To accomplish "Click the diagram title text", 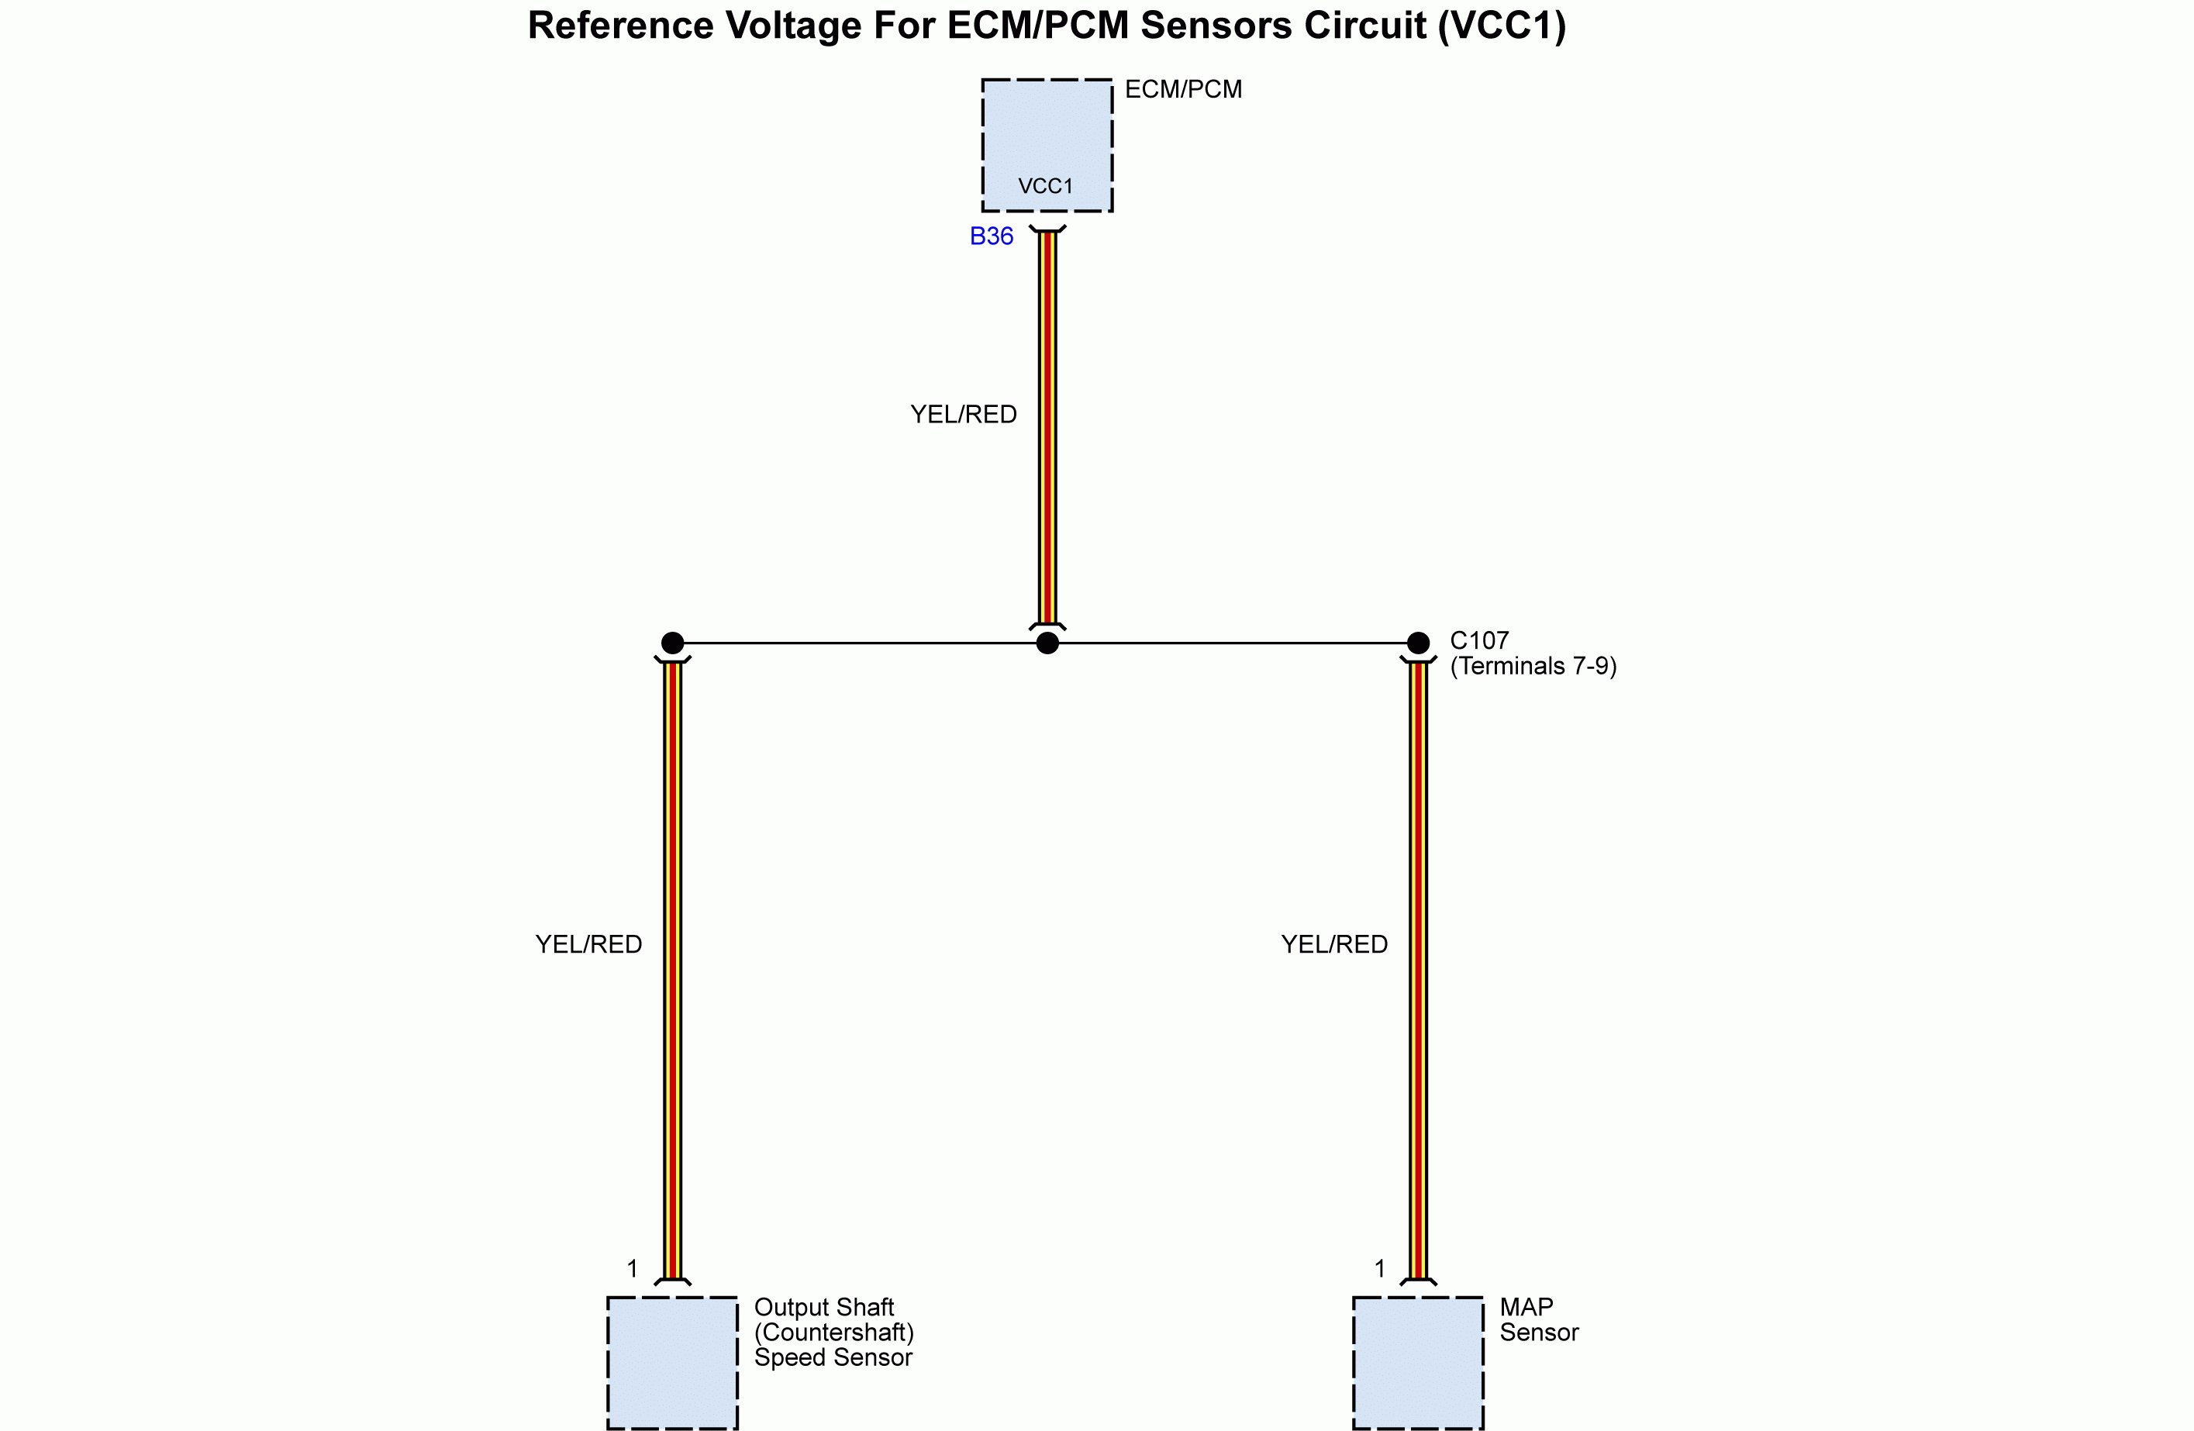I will (x=1047, y=26).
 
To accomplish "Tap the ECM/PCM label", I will (x=1183, y=89).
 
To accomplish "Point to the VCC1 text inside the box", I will (x=1045, y=186).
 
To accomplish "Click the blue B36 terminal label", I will (x=991, y=237).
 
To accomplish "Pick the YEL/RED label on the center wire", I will (x=964, y=415).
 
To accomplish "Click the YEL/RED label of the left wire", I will (x=588, y=944).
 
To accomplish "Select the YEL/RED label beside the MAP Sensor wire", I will (x=1334, y=944).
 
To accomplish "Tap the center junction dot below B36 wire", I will (x=1047, y=643).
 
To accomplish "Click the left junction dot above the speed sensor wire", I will (x=672, y=643).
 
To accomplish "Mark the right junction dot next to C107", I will (x=1418, y=643).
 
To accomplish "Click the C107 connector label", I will (x=1478, y=640).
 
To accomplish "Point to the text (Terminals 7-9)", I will (x=1533, y=666).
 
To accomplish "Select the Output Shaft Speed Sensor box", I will (x=672, y=1362).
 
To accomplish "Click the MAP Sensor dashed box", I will (x=1418, y=1362).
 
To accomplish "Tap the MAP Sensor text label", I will (x=1537, y=1319).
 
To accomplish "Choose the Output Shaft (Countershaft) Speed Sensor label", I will (x=833, y=1333).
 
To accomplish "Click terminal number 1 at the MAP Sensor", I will (x=1379, y=1269).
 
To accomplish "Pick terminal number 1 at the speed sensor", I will (x=633, y=1269).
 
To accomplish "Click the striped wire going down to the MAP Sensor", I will (x=1418, y=968).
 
